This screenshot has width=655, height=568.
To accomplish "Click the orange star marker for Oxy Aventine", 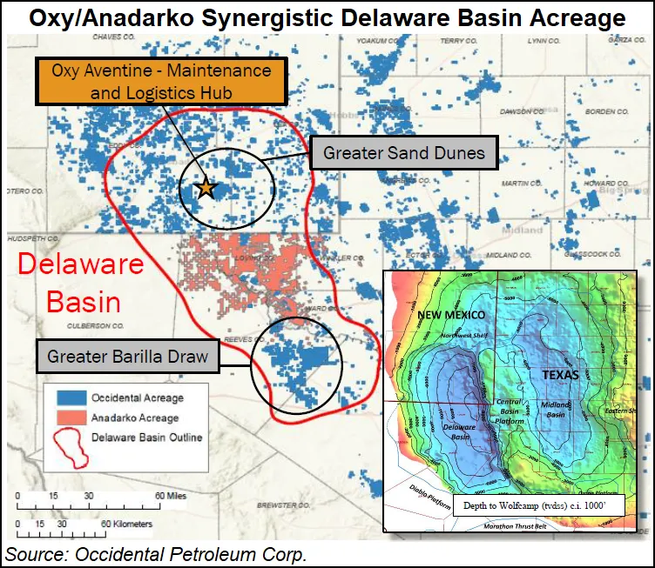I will point(206,188).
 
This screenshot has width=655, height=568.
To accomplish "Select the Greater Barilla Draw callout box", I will point(127,356).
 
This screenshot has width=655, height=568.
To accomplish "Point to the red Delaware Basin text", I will point(83,283).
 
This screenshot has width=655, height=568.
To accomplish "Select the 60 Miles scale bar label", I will point(170,495).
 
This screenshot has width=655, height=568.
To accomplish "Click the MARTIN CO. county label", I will point(522,184).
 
